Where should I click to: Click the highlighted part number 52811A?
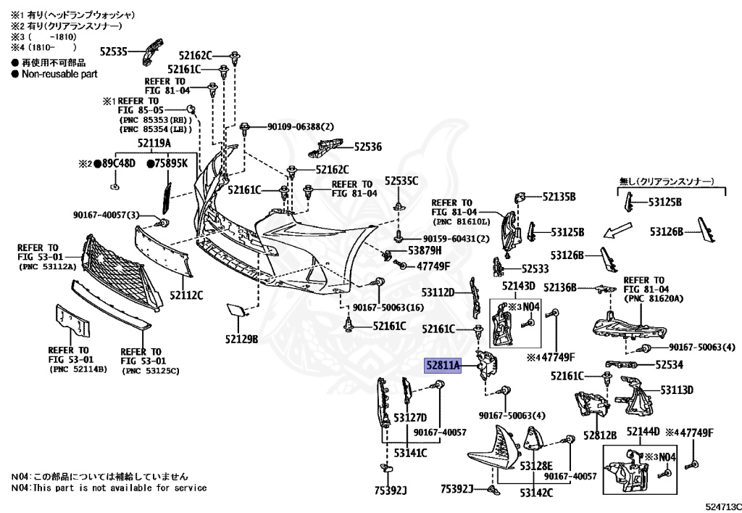tap(442, 366)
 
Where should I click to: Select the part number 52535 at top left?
tap(113, 52)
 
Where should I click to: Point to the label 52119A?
tap(154, 143)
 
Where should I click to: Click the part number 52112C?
tap(186, 295)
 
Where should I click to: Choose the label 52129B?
tap(241, 339)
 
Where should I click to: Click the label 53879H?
tap(425, 250)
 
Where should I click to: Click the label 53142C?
tap(535, 493)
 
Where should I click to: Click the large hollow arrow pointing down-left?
tap(621, 231)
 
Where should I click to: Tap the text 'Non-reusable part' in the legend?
tap(59, 74)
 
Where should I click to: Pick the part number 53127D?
tap(410, 417)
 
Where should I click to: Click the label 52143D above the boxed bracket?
tap(517, 286)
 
